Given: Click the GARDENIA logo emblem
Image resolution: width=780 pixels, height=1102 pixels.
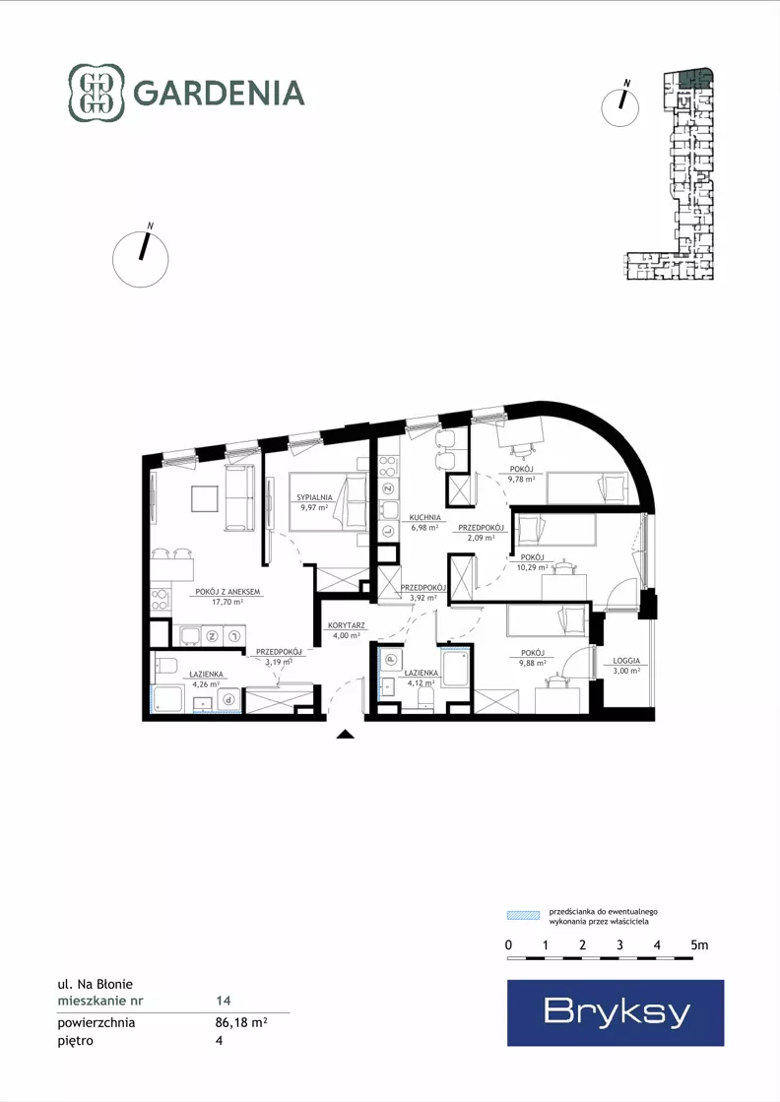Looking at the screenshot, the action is pos(97,93).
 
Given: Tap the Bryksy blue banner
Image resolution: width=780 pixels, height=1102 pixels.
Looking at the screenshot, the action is pos(616,1012).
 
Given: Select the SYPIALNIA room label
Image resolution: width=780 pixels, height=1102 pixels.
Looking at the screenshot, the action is pos(314,497).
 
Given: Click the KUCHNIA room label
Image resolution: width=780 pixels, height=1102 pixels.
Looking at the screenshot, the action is pos(425,517).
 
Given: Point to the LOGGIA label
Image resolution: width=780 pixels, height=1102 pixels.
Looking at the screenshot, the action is pos(626,661).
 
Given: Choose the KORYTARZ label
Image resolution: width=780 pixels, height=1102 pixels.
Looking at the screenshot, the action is pos(347,625).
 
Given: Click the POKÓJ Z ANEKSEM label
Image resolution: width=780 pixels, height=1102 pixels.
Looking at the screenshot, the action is pos(227,592).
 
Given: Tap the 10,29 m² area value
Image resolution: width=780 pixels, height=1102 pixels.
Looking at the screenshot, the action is pos(532,567).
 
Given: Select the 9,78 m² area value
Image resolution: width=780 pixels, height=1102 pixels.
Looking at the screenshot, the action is pos(521,479).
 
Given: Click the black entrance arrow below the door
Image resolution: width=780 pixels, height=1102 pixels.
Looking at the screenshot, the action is pos(345,735).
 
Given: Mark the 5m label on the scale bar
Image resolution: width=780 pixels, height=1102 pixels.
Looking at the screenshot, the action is pos(699,945).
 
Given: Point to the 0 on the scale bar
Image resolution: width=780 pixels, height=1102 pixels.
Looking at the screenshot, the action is pos(509,945).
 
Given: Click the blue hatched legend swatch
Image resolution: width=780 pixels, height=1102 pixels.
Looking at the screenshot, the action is pos(523,915).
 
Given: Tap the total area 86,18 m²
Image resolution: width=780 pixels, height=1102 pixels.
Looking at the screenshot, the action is pos(241,1022).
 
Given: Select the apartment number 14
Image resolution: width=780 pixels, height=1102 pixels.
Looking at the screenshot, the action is pos(224,1001).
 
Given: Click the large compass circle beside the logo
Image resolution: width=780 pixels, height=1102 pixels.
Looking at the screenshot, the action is pos(141,259).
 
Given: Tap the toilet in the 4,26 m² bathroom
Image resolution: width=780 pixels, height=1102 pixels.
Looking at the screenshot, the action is pos(167,664).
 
